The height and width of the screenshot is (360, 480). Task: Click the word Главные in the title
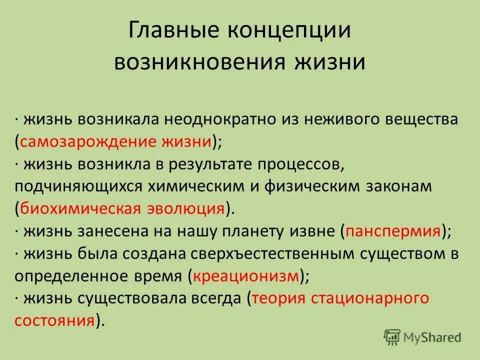[166, 32]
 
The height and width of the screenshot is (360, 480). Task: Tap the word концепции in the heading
[279, 32]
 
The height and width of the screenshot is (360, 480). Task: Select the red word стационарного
[370, 297]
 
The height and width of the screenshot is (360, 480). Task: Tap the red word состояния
[55, 319]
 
